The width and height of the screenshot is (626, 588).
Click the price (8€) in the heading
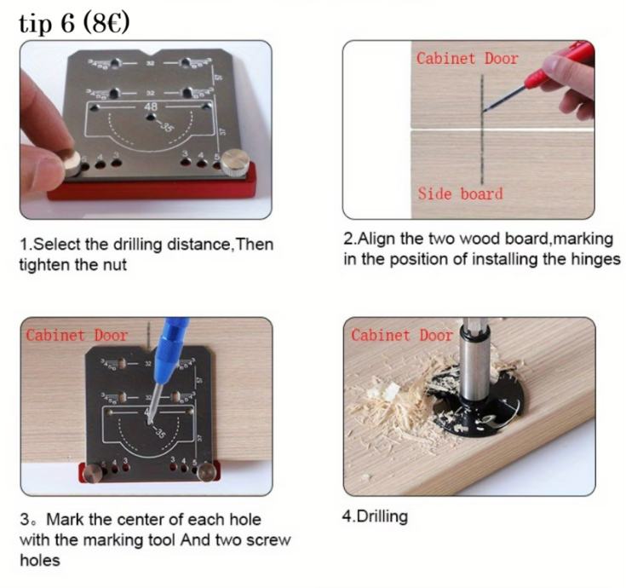pos(106,23)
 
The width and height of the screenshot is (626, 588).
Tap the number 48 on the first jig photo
pos(151,107)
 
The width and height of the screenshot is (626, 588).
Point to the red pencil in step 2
pos(539,75)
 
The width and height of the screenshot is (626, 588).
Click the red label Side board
pos(460,194)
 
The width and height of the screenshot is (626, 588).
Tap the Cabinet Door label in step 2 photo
pos(468,59)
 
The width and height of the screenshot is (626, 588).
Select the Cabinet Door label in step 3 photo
pos(77,335)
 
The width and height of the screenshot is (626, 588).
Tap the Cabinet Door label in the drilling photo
pos(402,335)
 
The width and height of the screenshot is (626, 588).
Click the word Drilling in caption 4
pos(382,517)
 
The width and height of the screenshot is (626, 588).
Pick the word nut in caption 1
pos(115,265)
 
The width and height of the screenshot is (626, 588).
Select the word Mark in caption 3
pos(66,520)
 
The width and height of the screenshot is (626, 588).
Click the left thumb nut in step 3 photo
pos(93,473)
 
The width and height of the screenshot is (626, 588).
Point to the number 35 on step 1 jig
pos(168,126)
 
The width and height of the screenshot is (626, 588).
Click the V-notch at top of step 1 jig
pos(151,53)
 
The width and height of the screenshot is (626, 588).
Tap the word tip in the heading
pos(35,24)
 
